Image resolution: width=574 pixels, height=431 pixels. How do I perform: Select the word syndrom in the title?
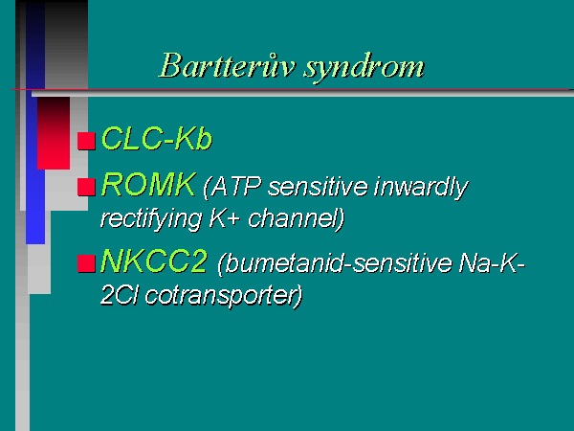[364, 69]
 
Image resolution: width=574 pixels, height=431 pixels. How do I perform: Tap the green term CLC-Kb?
[157, 139]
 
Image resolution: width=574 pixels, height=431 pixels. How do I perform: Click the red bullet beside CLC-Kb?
[86, 141]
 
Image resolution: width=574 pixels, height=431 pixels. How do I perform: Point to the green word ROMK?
[148, 185]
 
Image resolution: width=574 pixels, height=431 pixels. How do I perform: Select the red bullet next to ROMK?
[86, 187]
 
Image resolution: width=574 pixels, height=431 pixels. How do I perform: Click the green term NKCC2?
[154, 261]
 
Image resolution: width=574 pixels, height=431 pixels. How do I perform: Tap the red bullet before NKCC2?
[86, 263]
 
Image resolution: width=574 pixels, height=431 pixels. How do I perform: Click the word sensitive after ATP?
[318, 187]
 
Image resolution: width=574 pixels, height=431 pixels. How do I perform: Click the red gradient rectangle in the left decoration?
[54, 133]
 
